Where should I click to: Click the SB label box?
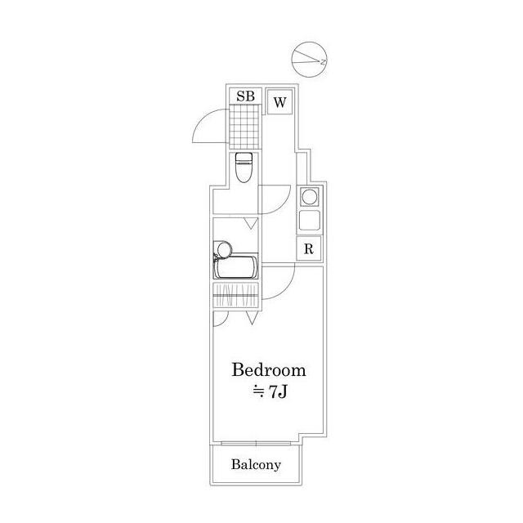[245, 96]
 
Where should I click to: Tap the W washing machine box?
[279, 101]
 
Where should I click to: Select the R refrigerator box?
[309, 248]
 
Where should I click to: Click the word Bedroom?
[269, 369]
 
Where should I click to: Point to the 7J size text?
[278, 392]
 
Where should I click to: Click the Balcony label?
[256, 464]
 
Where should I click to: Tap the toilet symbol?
[244, 168]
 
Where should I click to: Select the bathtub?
[236, 267]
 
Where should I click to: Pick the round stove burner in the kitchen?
[309, 197]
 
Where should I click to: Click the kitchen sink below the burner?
[310, 221]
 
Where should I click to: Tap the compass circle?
[309, 60]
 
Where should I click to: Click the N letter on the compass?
[323, 62]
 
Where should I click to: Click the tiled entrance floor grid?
[244, 126]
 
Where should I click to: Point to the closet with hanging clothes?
[236, 295]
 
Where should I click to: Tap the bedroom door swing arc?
[285, 288]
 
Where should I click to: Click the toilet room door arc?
[282, 205]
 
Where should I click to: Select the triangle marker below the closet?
[253, 318]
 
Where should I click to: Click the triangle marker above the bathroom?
[252, 223]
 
